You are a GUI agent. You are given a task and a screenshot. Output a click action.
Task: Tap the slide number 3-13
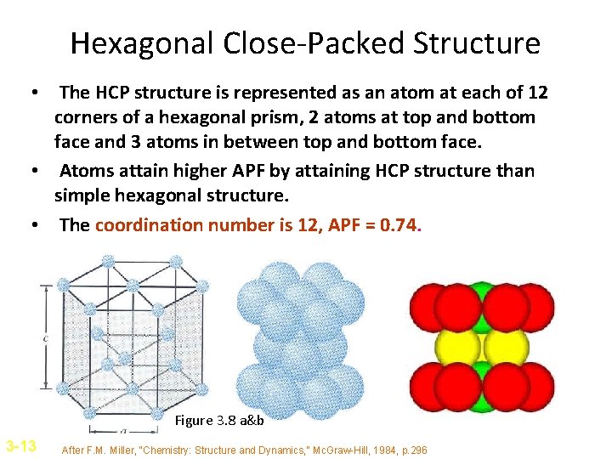[20, 445]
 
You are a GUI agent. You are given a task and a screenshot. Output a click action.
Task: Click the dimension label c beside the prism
[44, 338]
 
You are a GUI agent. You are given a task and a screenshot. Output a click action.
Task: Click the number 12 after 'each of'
[536, 92]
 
